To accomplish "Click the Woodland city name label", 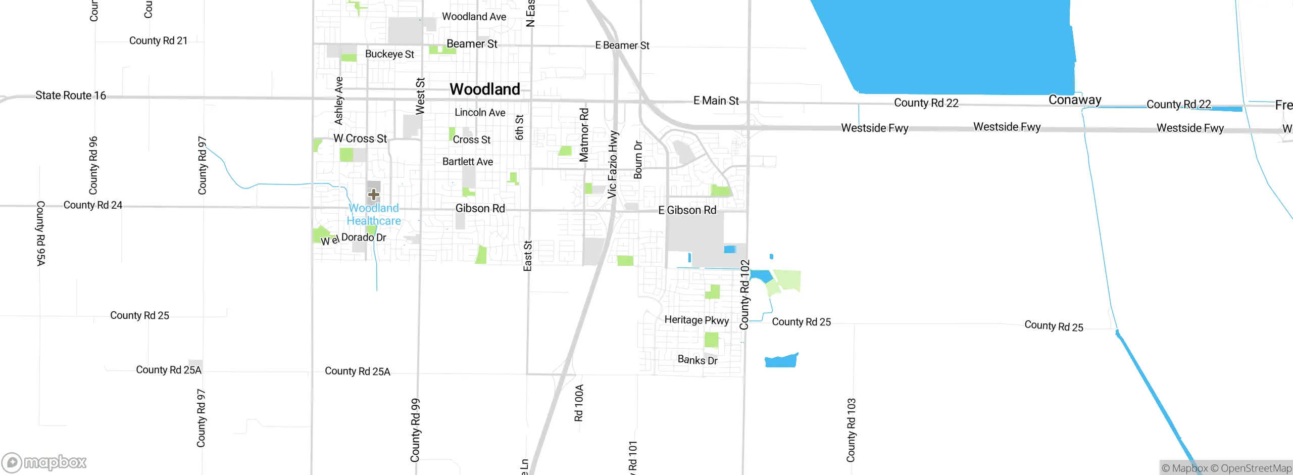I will pos(484,89).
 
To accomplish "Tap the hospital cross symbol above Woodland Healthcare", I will pos(373,195).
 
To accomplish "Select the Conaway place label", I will pos(1074,100).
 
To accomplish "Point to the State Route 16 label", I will pos(71,96).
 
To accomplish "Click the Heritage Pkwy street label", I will pos(697,320).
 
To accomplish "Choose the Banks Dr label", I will pos(698,360).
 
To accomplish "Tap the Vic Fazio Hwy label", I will pos(612,164).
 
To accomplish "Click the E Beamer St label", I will pos(622,45).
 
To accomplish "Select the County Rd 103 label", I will pos(851,430).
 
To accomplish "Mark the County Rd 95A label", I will pos(41,233).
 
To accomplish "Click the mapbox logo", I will pos(44,462).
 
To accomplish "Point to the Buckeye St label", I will pos(389,54).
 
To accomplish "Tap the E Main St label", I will pos(716,101).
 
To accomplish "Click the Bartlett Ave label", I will pos(468,162).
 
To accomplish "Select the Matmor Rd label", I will pos(584,135).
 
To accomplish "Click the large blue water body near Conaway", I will pos(950,45).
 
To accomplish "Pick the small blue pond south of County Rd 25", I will pos(781,361).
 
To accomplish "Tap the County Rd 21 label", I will pos(158,41).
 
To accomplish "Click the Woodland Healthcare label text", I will pos(374,215).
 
